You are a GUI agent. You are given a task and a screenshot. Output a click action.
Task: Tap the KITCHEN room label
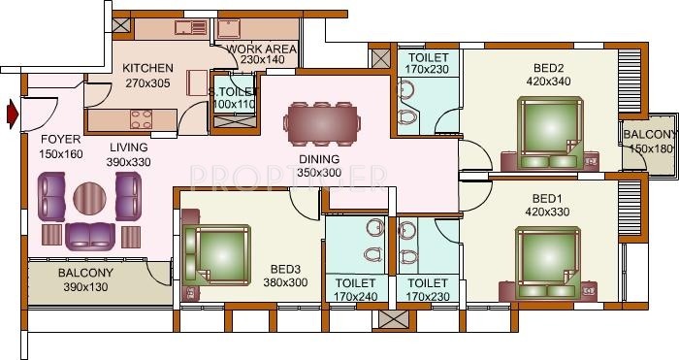(x=147, y=68)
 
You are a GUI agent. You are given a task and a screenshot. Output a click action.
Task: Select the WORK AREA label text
(x=255, y=48)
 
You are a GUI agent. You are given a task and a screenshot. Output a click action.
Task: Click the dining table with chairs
(x=322, y=122)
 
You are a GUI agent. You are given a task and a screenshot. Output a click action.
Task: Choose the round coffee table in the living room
(x=90, y=198)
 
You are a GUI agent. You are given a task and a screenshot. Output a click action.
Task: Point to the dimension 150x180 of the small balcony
(x=649, y=149)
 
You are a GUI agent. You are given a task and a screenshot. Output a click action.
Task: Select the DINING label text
(x=319, y=159)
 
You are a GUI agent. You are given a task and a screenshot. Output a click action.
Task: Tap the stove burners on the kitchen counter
(x=142, y=118)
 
